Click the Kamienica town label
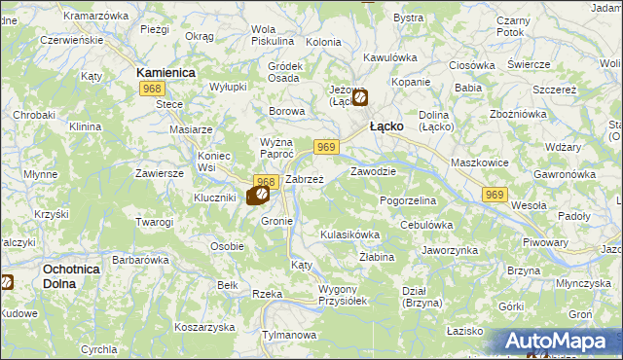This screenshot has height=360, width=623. pyautogui.click(x=166, y=73)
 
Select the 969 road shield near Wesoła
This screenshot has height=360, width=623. pyautogui.click(x=495, y=196)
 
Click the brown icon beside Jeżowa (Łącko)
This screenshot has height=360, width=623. pyautogui.click(x=360, y=97)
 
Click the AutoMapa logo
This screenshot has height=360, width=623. pyautogui.click(x=558, y=342)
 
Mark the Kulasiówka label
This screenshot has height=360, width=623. pyautogui.click(x=349, y=234)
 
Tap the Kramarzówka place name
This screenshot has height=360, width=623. pyautogui.click(x=94, y=16)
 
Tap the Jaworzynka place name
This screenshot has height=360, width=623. pyautogui.click(x=448, y=250)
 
